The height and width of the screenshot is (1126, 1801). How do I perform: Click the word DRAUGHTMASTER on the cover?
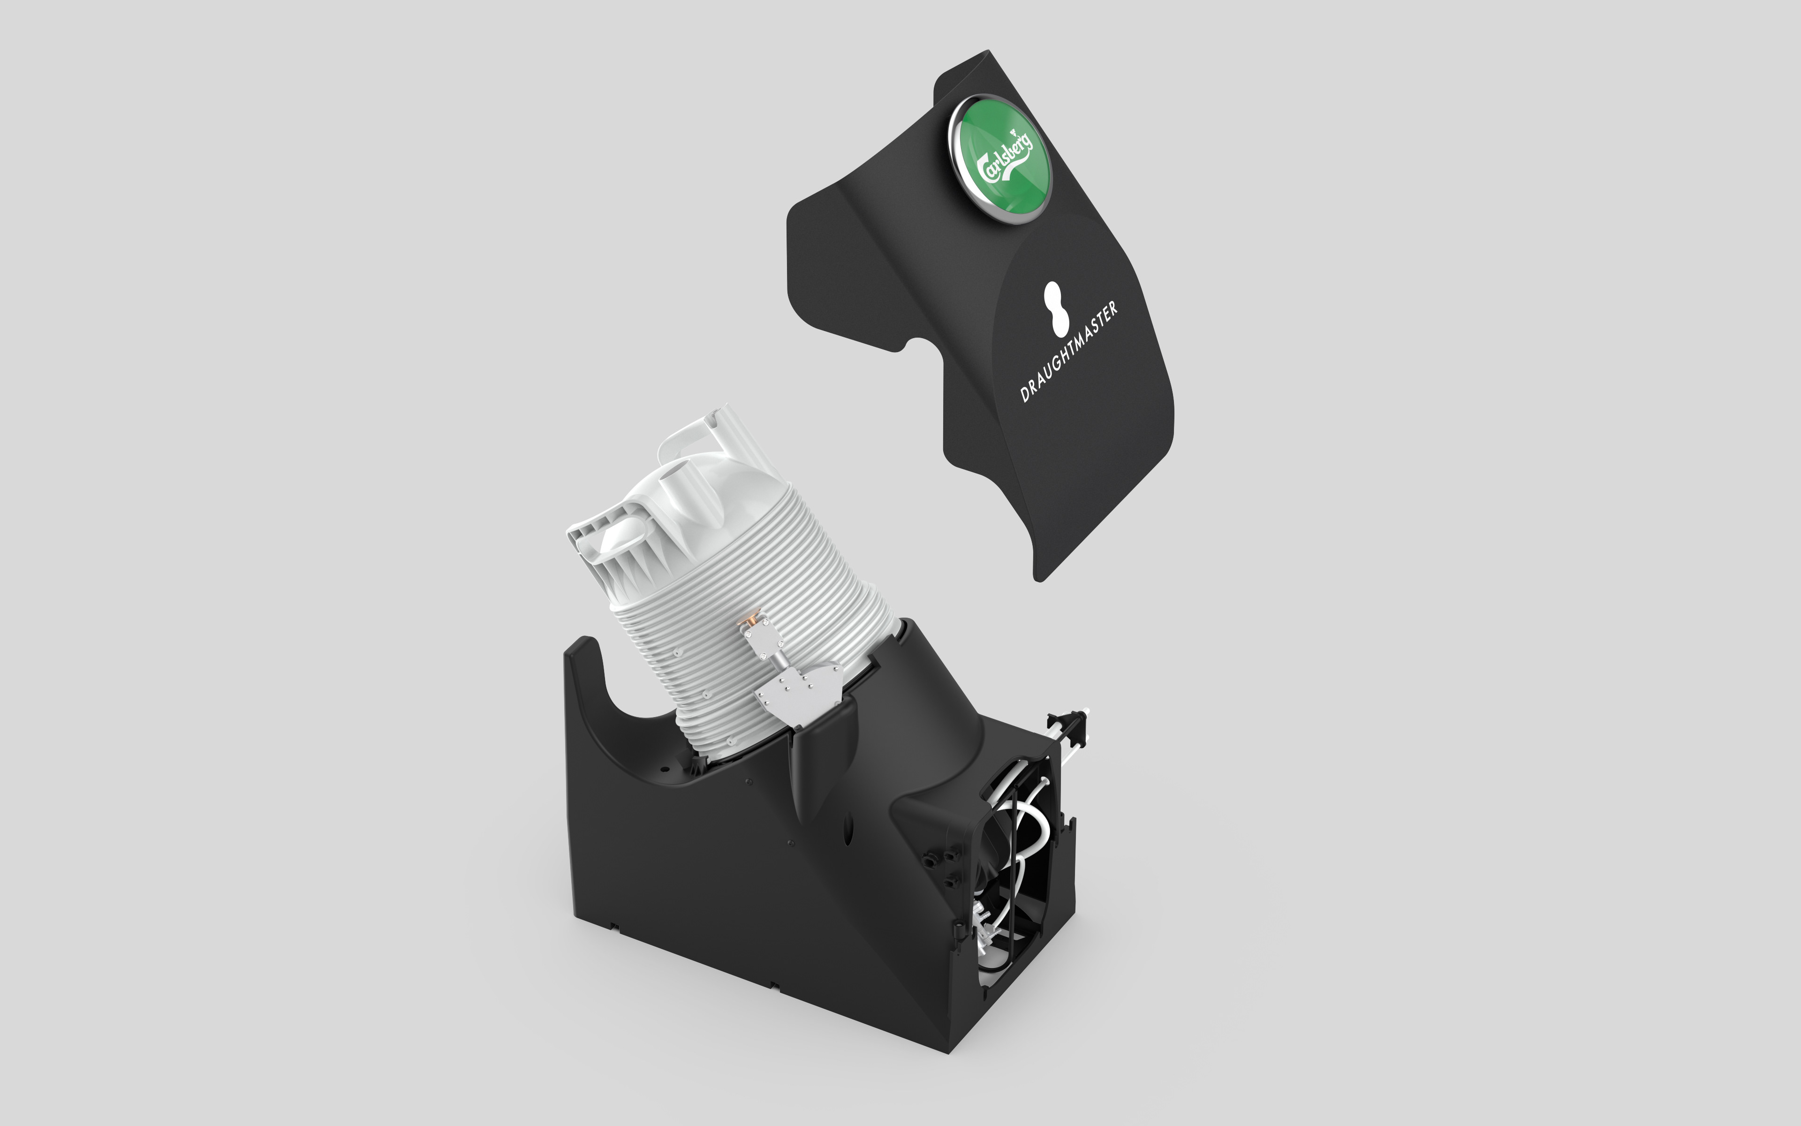coord(1069,352)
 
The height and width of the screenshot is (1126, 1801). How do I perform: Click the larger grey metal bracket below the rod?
coord(798,692)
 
